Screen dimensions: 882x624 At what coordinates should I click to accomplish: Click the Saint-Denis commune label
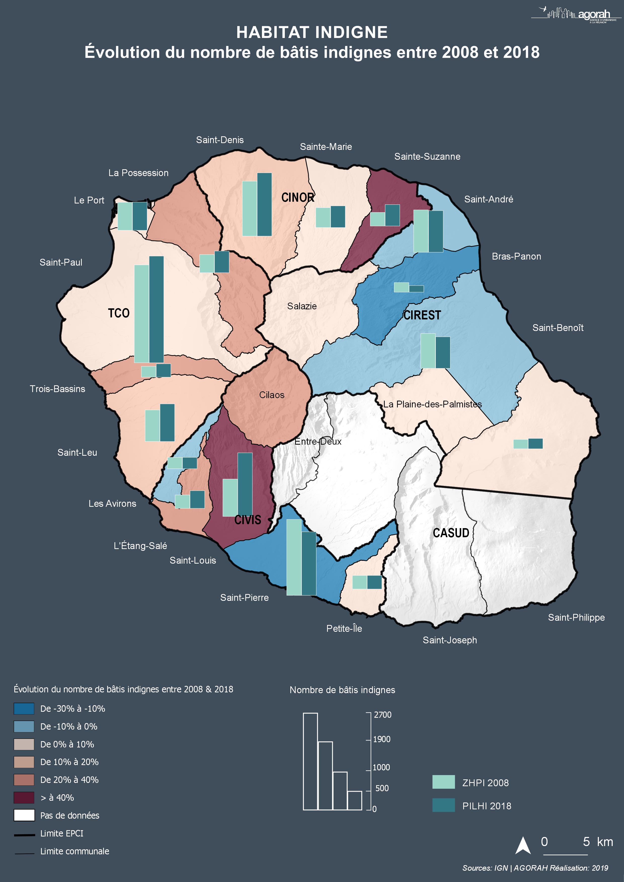click(220, 140)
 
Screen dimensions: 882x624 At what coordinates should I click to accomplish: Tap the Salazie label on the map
click(302, 306)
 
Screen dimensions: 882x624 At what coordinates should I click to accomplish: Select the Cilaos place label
click(272, 395)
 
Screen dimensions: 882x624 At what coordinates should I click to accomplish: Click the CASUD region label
click(451, 533)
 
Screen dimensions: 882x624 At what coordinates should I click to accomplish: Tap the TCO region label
click(119, 313)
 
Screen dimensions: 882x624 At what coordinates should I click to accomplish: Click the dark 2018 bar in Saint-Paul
click(157, 309)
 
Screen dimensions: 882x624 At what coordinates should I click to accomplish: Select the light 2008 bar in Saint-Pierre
click(294, 557)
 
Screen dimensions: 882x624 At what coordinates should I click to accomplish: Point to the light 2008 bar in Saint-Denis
click(250, 208)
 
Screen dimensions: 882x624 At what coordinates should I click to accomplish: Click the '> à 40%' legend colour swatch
click(24, 797)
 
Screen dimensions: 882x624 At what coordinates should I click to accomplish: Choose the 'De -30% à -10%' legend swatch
click(24, 708)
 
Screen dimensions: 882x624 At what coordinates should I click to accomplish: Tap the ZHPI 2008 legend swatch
click(443, 782)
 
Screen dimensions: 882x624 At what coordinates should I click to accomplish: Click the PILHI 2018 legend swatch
click(443, 806)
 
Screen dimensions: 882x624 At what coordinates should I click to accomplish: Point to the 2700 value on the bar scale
click(383, 715)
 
